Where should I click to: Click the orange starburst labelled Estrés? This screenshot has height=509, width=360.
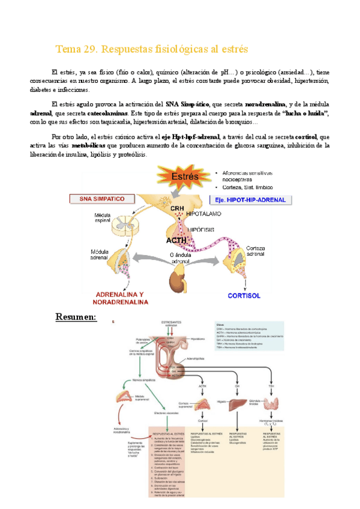184,177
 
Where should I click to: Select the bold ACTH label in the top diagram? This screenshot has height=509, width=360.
178,240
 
